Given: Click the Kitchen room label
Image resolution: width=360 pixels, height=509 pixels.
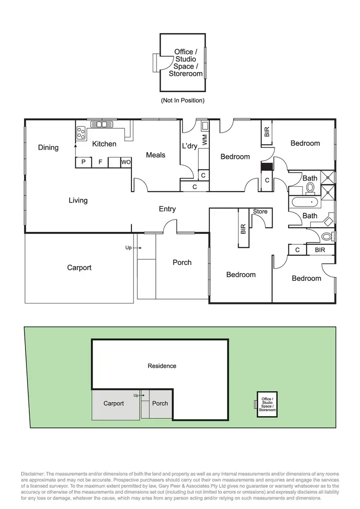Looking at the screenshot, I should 104,144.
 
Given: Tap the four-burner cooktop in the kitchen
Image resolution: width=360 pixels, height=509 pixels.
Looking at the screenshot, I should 81,132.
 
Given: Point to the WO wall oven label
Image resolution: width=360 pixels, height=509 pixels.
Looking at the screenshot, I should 126,162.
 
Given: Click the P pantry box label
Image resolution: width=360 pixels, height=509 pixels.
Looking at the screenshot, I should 84,162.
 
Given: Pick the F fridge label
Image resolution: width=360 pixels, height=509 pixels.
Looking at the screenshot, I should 100,162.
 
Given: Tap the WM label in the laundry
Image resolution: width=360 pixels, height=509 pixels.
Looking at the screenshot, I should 205,140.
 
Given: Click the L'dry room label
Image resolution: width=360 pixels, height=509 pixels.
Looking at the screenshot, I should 190,146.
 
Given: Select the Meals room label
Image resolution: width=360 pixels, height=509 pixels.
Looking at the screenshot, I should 156,155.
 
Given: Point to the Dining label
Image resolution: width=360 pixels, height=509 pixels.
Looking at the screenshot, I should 48,147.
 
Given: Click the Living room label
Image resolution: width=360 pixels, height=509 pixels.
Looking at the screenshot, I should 78,200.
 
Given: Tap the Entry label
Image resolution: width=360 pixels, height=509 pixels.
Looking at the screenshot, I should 167,209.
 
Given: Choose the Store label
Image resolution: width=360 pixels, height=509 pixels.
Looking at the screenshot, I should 260,211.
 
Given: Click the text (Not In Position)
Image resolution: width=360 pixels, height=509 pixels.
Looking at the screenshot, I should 182,100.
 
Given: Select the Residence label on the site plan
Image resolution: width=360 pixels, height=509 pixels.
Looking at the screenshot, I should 162,366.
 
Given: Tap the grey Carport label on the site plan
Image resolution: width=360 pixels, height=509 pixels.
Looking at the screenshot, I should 114,403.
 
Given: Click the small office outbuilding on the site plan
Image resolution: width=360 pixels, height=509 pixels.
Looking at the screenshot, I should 267,405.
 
